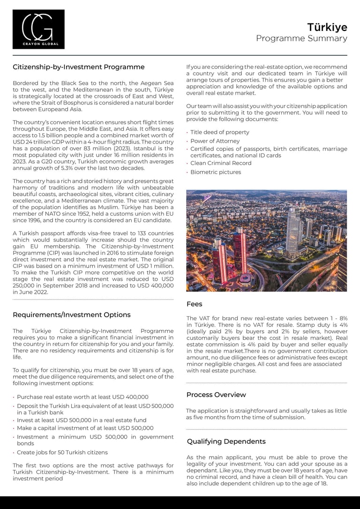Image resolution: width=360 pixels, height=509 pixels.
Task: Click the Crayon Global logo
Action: pos(38,29)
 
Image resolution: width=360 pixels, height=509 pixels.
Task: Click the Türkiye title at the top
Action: pos(327,27)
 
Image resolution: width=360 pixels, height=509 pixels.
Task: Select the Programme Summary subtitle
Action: pos(301,38)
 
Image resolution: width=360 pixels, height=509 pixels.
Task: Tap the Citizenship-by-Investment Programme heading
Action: pos(78,67)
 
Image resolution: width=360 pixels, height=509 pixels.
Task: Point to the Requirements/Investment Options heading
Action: pos(71,314)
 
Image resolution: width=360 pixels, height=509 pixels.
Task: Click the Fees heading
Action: pos(194,304)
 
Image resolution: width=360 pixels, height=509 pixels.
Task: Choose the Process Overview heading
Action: pos(216,395)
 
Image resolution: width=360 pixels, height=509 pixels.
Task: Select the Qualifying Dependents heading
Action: pos(226,442)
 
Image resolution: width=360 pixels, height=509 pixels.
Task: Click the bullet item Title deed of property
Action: pos(219,132)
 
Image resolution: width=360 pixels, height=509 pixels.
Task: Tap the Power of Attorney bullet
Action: pos(215,141)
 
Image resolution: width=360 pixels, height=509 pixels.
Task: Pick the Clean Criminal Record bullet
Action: pos(220,163)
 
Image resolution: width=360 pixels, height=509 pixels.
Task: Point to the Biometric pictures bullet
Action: pos(216,172)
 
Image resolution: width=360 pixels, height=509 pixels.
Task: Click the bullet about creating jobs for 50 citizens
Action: pos(62,452)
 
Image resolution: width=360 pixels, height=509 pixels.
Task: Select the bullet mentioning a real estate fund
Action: pos(82,420)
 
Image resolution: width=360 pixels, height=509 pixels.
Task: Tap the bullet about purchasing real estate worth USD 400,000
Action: pos(82,397)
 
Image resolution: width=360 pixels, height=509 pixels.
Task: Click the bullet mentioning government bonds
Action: pos(95,440)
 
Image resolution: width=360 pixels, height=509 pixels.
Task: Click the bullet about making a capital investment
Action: pos(85,428)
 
